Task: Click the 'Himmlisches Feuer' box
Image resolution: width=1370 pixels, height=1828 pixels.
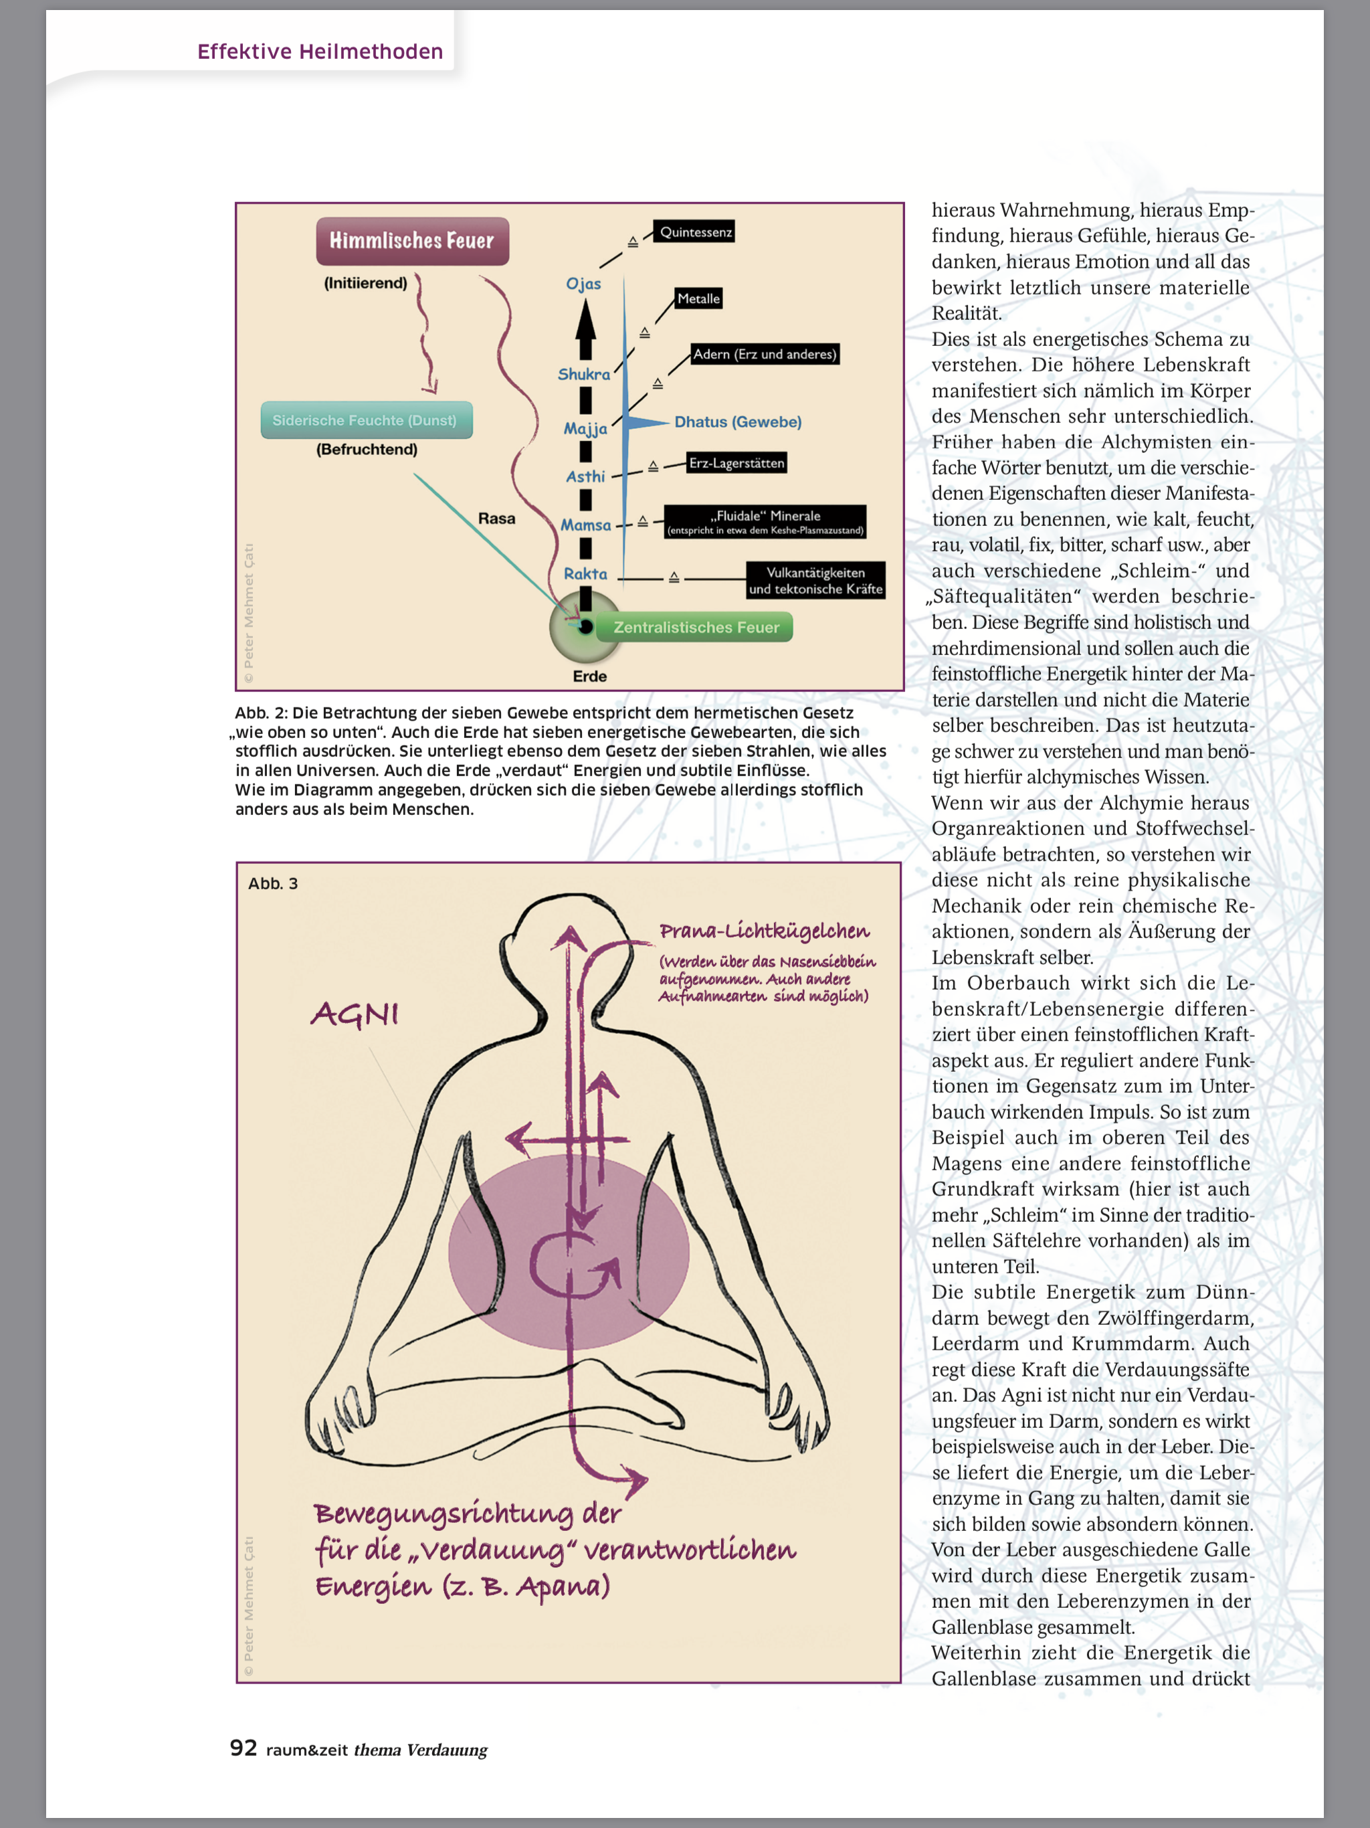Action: point(411,240)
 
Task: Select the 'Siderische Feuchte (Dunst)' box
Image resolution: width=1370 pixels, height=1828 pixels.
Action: point(366,420)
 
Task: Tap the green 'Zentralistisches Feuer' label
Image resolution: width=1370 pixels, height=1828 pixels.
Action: point(696,627)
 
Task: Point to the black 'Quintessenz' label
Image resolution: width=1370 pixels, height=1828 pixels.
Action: point(695,232)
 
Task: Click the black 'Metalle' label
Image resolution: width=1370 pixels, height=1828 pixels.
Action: point(698,298)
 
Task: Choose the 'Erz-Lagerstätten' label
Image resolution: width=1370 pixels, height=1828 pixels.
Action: point(737,463)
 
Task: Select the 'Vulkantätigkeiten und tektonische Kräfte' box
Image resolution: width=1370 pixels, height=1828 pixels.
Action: point(815,580)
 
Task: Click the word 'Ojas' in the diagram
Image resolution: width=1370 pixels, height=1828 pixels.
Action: point(583,284)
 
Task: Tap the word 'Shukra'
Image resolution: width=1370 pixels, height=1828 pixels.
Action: point(583,374)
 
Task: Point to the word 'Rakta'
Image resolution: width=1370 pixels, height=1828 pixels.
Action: point(585,573)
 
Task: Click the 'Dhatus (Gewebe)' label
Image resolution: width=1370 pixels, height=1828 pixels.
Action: point(738,422)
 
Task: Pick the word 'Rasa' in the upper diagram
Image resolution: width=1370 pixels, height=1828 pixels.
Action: point(496,518)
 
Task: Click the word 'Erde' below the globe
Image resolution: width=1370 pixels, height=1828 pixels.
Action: point(589,676)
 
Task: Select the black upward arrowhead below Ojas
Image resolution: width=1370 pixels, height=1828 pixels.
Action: point(585,319)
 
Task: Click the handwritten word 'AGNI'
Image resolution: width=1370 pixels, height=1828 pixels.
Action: point(355,1014)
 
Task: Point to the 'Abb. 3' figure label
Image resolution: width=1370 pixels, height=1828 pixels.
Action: point(273,883)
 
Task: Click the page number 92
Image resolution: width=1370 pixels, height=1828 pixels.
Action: point(243,1748)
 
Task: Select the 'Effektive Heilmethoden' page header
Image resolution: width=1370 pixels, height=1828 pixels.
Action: point(320,52)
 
